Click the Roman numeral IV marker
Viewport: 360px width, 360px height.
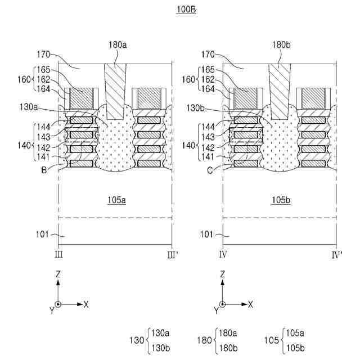pos(223,255)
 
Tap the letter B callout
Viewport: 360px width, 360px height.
pos(51,168)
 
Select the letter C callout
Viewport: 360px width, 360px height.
pos(214,168)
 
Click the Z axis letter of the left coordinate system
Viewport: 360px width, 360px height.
pos(58,274)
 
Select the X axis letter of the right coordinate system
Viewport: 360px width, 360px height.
pos(250,304)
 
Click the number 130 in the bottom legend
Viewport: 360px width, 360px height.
pos(137,340)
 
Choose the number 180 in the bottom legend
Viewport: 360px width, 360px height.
pos(206,340)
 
